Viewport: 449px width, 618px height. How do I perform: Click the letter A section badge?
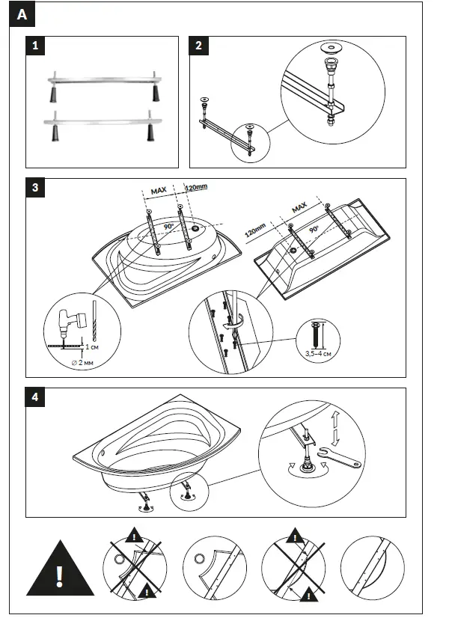[x=22, y=14]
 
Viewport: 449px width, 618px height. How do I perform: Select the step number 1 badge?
[x=35, y=46]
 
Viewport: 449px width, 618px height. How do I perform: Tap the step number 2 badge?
[x=198, y=46]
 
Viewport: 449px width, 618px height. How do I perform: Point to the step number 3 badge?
[x=35, y=188]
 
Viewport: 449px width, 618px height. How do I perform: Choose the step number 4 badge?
[x=35, y=397]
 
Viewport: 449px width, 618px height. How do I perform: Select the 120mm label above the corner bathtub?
[x=196, y=188]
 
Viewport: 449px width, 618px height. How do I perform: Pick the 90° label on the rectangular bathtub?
[x=314, y=229]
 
